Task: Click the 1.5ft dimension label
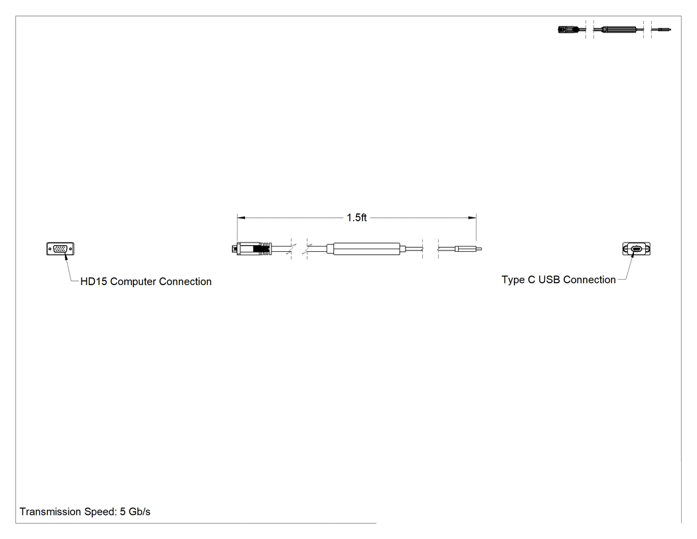[x=356, y=217]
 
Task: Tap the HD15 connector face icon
[x=60, y=249]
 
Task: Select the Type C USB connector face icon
[x=636, y=249]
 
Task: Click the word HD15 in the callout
[x=94, y=282]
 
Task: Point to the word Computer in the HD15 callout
[x=133, y=282]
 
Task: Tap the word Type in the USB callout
[x=513, y=280]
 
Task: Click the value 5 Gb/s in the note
[x=135, y=512]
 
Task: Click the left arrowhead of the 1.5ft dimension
[x=241, y=217]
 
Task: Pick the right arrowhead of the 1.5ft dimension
[x=472, y=217]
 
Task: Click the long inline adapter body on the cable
[x=366, y=249]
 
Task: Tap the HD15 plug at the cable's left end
[x=252, y=249]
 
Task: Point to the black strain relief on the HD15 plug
[x=262, y=249]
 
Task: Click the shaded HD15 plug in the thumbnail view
[x=572, y=30]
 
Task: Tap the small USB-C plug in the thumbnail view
[x=663, y=30]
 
